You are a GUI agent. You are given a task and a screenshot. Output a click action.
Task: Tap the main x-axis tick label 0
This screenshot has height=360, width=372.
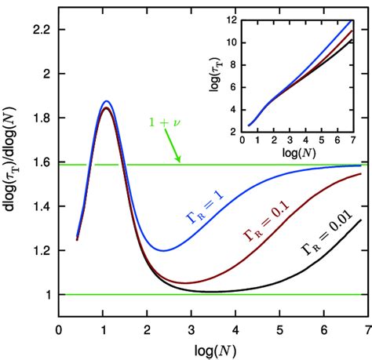59,331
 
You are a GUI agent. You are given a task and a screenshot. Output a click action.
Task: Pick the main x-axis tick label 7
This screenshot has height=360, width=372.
363,331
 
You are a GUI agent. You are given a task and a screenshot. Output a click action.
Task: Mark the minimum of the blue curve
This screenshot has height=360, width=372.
162,250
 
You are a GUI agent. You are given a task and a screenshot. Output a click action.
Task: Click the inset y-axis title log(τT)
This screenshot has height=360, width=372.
214,74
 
